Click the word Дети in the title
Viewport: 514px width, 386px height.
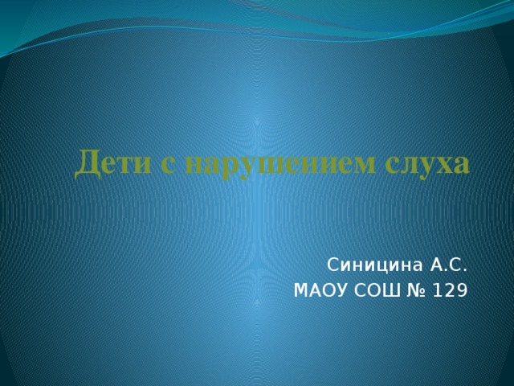coord(107,162)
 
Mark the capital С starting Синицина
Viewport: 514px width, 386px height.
coord(332,265)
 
